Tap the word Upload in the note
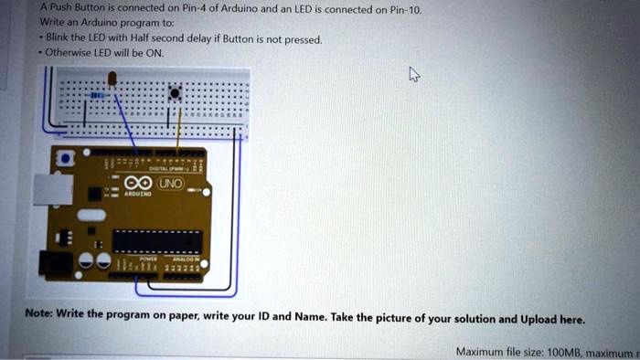click(539, 320)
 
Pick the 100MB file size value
click(552, 351)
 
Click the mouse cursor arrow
click(414, 75)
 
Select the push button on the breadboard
click(174, 92)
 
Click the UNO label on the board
click(172, 185)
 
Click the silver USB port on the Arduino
click(48, 189)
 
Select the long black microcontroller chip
click(156, 240)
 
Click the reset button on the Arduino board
click(64, 159)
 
